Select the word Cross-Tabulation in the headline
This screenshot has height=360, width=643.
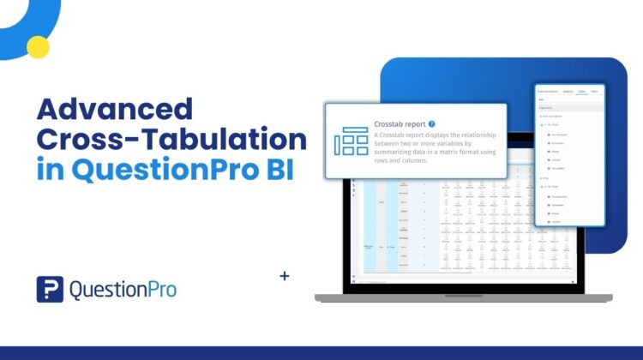[171, 140]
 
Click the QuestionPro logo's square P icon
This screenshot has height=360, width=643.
[50, 289]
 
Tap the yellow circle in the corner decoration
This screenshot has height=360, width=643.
[37, 46]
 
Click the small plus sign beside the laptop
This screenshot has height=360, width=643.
[285, 277]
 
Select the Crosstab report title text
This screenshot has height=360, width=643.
[399, 123]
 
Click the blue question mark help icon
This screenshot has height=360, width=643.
[431, 123]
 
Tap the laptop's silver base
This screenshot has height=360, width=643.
[463, 297]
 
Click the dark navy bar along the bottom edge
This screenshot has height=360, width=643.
[321, 352]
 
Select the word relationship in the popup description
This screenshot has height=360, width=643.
[481, 136]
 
